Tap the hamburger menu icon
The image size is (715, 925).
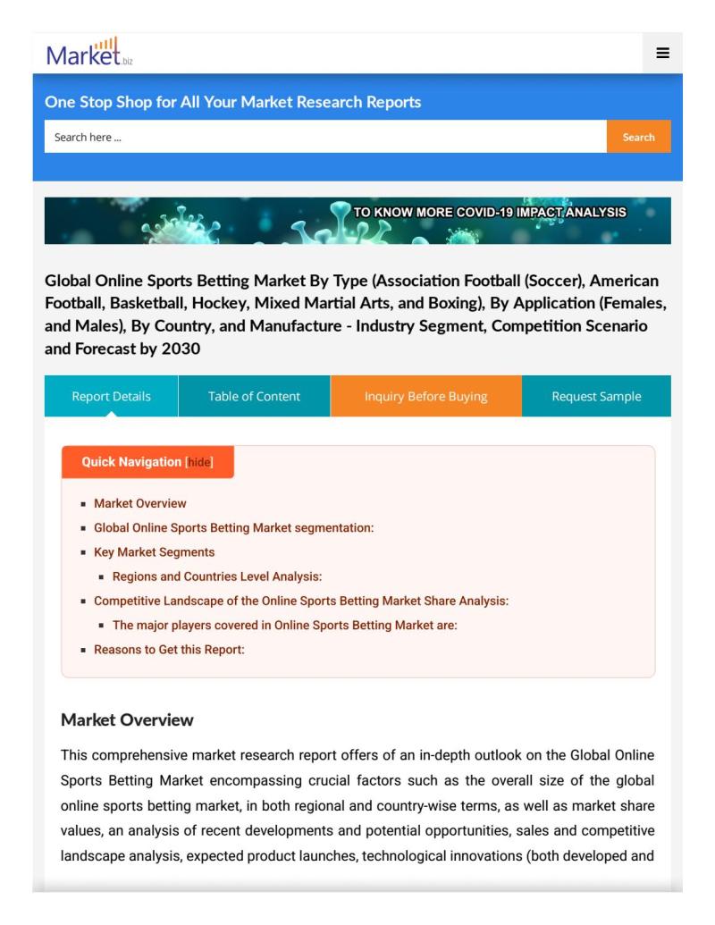(x=662, y=53)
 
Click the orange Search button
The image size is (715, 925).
(x=638, y=137)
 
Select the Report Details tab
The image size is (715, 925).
(x=111, y=396)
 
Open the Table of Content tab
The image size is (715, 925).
(x=254, y=396)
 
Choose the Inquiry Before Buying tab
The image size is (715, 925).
(x=425, y=396)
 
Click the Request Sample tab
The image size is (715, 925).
(x=596, y=396)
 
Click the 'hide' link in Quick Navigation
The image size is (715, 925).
(x=198, y=462)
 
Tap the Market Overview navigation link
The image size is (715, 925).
(x=140, y=503)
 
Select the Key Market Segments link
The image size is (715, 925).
(x=154, y=552)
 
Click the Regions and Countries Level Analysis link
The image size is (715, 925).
(x=217, y=576)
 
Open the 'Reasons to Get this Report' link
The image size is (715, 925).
(x=169, y=650)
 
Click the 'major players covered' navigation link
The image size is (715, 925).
(x=284, y=626)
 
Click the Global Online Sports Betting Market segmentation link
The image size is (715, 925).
(x=233, y=527)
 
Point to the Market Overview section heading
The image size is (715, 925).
(x=127, y=719)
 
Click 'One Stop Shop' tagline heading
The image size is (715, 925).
(x=232, y=102)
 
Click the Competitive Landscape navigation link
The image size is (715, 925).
(x=301, y=601)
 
